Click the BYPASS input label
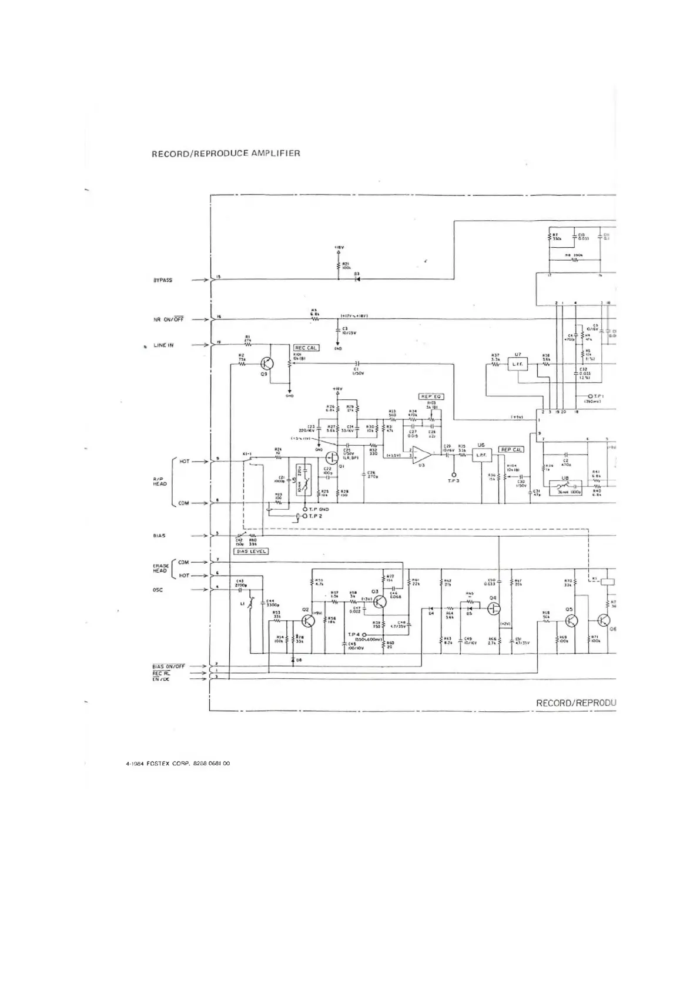163,280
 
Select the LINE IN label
163,345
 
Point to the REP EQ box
431,397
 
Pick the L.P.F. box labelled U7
517,365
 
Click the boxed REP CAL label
511,450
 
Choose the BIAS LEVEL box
251,551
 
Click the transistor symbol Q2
307,621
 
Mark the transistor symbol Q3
380,602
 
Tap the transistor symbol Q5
570,621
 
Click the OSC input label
158,590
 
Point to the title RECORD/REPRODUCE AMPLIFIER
226,153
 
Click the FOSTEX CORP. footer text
177,763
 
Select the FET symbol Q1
333,456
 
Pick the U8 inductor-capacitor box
566,488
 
